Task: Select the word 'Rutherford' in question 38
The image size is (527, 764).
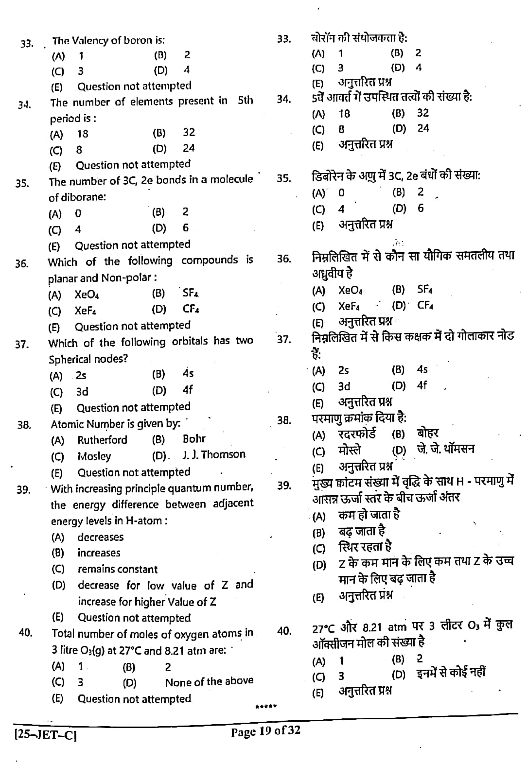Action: coord(102,440)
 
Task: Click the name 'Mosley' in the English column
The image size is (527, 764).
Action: coord(94,456)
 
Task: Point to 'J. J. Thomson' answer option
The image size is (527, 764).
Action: coord(214,454)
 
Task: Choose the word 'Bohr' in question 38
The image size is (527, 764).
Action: coord(194,438)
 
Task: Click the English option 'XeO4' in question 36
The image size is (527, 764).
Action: coord(87,295)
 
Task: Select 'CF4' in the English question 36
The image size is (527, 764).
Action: coord(191,309)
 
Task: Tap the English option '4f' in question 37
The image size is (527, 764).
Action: coord(188,389)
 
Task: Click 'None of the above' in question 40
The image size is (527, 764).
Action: coord(209,681)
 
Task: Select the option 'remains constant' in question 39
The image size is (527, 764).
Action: coord(118,569)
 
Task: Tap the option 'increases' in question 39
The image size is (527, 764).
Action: coord(99,553)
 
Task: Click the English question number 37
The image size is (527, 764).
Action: coord(22,345)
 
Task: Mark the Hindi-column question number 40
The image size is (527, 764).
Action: coord(284,631)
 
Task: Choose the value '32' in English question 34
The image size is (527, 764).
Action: coord(189,132)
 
